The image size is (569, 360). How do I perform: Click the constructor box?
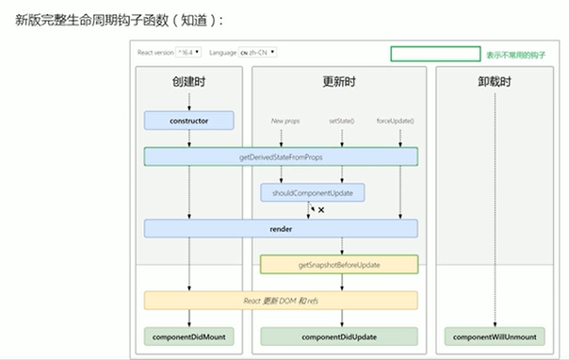189,121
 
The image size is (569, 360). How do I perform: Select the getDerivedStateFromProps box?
281,156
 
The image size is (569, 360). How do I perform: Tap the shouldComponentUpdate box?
313,192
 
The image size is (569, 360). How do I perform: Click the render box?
281,228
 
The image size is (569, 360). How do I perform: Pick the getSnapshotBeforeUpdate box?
338,265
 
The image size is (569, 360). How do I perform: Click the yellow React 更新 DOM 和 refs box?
281,300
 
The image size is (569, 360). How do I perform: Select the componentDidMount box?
189,335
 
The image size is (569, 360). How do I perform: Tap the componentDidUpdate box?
338,335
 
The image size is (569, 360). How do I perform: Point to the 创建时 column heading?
189,83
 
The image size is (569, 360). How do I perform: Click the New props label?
284,121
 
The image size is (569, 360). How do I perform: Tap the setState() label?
342,121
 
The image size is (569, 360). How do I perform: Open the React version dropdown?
191,53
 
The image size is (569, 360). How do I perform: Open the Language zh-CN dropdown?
264,53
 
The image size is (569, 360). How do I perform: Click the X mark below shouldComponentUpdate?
321,210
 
